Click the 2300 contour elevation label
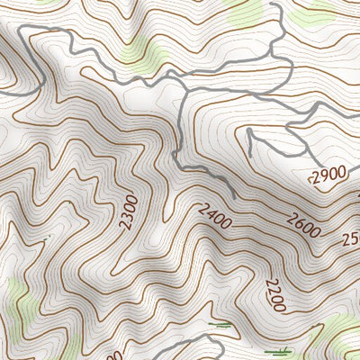[129, 211]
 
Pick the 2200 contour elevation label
[274, 295]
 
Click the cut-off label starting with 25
[350, 239]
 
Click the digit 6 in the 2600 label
[299, 220]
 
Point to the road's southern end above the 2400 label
[234, 195]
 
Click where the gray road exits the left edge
[3, 91]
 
